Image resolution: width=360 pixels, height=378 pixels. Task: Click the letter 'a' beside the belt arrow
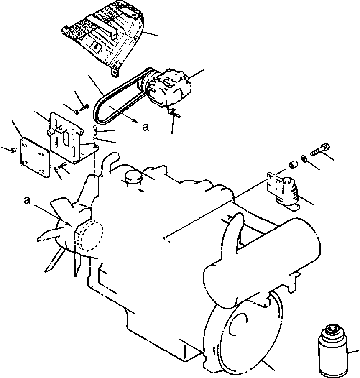coord(145,127)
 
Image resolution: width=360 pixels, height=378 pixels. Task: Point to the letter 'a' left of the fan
coord(27,201)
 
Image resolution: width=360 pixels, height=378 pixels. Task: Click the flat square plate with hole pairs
coord(35,156)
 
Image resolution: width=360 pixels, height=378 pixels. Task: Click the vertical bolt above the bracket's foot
coord(96,130)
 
